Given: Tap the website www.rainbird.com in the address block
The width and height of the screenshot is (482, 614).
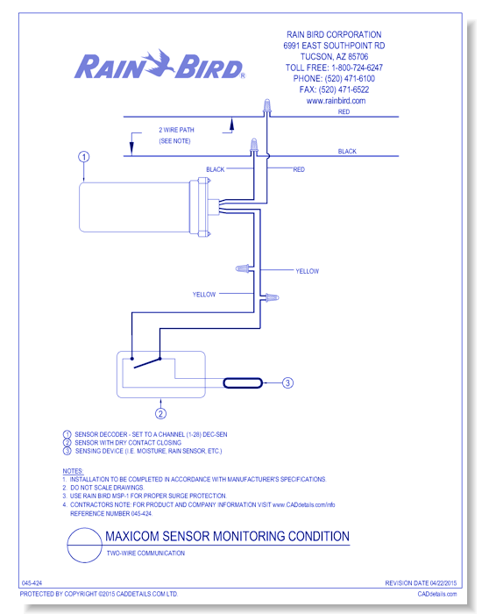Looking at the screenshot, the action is click(x=336, y=101).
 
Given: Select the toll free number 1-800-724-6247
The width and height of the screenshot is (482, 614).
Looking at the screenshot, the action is click(x=357, y=68).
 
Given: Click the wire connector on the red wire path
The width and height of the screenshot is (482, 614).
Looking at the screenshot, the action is click(x=267, y=107).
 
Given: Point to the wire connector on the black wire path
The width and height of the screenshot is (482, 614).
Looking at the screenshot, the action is click(x=253, y=146).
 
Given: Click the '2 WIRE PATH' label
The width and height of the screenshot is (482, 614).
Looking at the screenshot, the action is click(x=176, y=130).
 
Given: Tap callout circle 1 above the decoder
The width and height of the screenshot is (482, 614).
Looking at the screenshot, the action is click(x=84, y=157).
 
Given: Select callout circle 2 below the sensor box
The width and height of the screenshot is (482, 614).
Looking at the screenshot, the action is click(x=160, y=413).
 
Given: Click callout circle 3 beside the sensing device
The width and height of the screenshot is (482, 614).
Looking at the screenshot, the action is click(x=287, y=382).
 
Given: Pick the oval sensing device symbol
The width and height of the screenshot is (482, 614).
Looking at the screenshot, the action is click(x=243, y=382).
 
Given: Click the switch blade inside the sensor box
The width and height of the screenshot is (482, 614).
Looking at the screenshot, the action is click(x=147, y=363).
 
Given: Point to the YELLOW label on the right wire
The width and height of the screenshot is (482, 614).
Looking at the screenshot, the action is click(x=307, y=271).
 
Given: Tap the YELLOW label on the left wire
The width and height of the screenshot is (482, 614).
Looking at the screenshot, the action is click(x=204, y=295).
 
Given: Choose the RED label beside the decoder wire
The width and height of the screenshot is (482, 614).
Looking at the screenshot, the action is click(x=299, y=169).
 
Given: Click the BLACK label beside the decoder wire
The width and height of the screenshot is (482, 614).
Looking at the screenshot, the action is click(x=216, y=169).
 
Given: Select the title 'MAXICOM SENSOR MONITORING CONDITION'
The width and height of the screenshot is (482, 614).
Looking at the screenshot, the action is click(x=227, y=536).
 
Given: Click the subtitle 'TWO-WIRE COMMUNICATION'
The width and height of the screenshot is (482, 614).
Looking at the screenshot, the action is click(x=145, y=553).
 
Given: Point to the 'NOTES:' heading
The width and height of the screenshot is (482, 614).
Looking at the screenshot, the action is click(x=73, y=471).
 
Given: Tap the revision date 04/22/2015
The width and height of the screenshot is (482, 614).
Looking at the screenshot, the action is click(x=443, y=583).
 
